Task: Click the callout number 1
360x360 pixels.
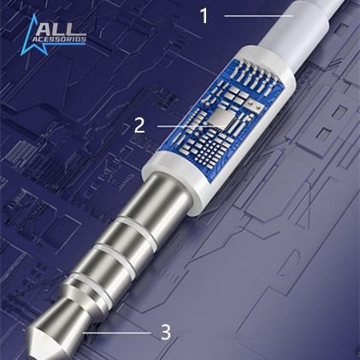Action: click(x=204, y=15)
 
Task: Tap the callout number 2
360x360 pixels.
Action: click(x=139, y=126)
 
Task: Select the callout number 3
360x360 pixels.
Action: click(x=166, y=333)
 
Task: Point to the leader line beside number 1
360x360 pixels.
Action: click(x=258, y=16)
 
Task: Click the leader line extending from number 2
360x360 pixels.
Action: click(x=192, y=126)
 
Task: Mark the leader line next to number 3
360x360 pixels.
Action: click(x=116, y=333)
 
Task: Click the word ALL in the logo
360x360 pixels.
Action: click(x=58, y=30)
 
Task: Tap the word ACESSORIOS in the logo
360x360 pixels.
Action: click(x=59, y=39)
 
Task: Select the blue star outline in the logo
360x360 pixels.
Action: click(x=32, y=37)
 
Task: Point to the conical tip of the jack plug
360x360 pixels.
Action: click(x=43, y=336)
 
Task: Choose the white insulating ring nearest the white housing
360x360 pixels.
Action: click(x=135, y=229)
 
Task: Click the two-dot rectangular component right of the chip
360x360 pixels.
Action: click(x=256, y=105)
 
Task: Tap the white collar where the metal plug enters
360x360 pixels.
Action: click(x=177, y=182)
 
